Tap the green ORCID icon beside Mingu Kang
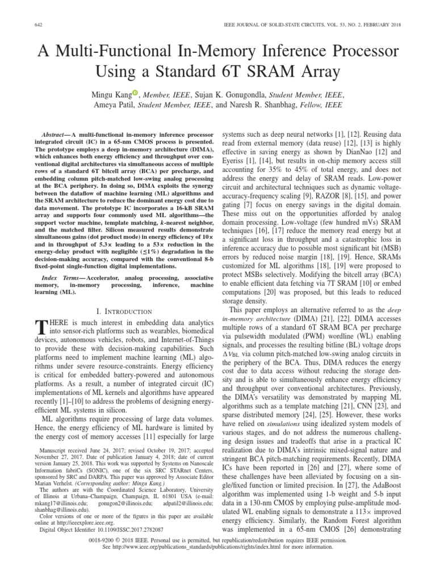click(135, 94)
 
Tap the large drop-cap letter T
click(40, 328)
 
